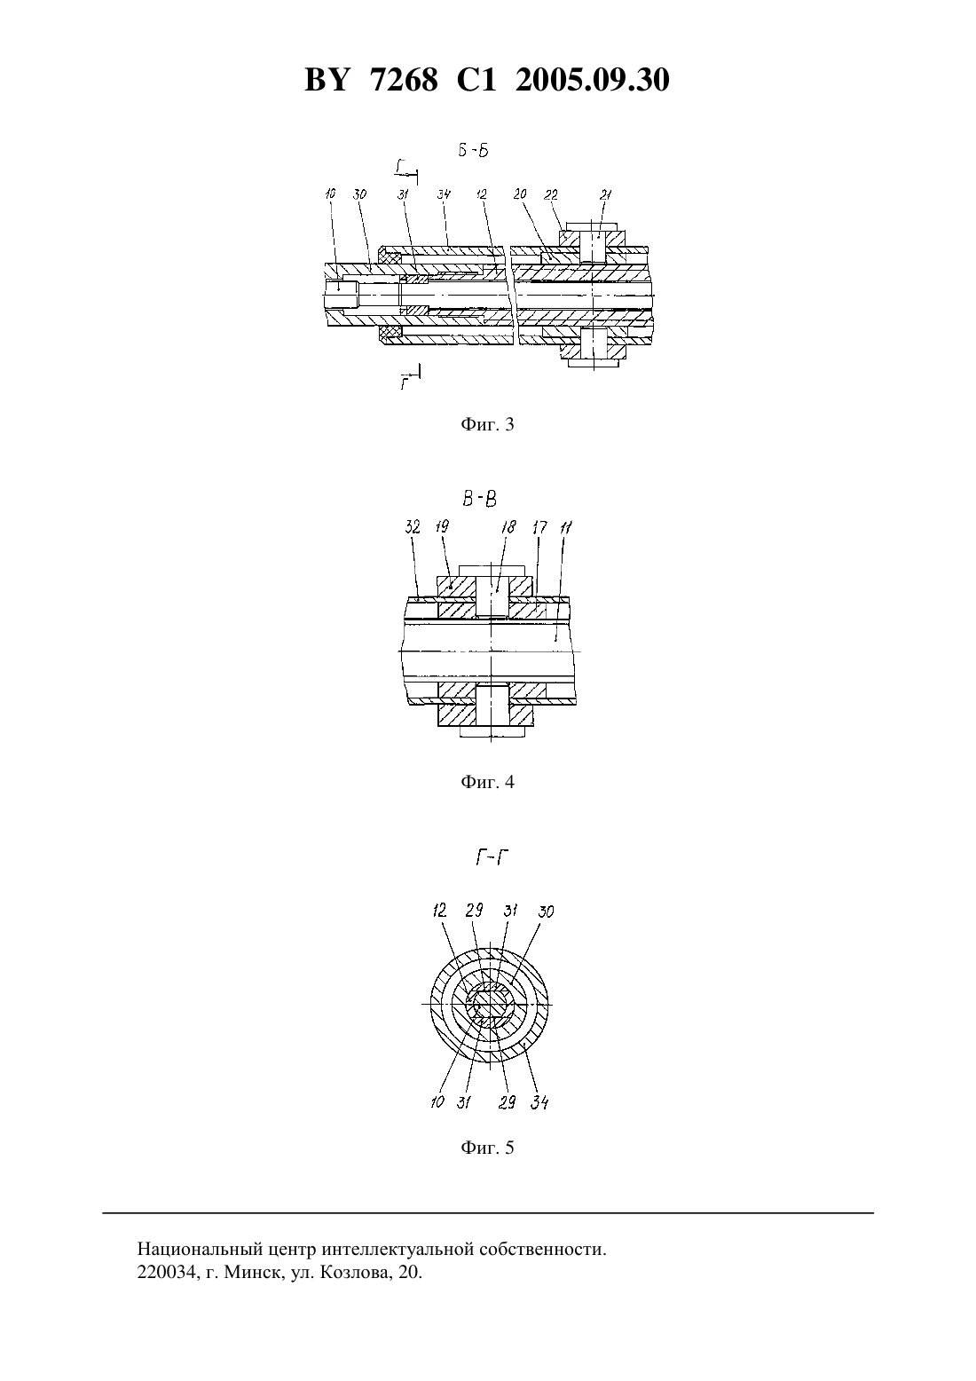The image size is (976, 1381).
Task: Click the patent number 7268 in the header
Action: (405, 80)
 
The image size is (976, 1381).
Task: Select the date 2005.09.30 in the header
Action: (592, 80)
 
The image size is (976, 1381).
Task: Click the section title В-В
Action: (480, 498)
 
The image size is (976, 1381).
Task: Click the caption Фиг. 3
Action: (487, 424)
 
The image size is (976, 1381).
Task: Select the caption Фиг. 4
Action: (487, 782)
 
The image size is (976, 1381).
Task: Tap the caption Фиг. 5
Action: (487, 1148)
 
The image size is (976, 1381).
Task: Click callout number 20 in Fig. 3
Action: (519, 195)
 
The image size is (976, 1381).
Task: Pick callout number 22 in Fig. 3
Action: (551, 195)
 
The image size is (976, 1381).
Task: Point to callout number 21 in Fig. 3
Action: (605, 195)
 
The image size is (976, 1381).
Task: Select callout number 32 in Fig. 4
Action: (413, 527)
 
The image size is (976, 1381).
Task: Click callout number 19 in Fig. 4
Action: (442, 526)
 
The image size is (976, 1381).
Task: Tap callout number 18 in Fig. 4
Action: (509, 527)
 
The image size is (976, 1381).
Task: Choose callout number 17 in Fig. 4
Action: (539, 527)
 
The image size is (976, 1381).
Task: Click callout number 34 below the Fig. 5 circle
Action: (539, 1101)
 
